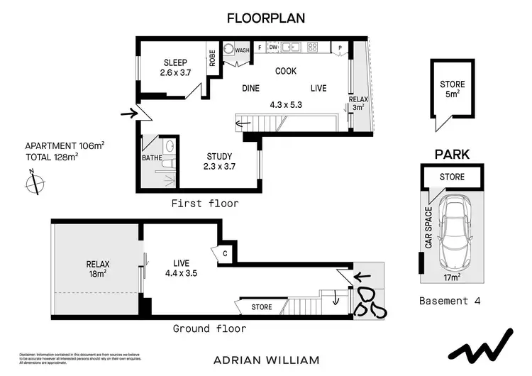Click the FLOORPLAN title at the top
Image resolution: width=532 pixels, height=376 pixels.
[x=265, y=18]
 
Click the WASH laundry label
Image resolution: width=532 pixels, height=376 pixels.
[x=243, y=50]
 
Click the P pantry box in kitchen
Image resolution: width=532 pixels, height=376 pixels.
[x=340, y=48]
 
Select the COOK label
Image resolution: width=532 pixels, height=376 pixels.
[x=287, y=71]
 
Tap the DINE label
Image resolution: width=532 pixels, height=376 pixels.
[x=250, y=88]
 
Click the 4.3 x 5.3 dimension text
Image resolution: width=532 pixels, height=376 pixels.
[x=286, y=104]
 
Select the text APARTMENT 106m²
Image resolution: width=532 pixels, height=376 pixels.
[x=65, y=145]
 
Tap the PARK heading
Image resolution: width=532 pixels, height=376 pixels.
[x=452, y=153]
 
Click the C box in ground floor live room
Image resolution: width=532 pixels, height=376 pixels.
[x=224, y=252]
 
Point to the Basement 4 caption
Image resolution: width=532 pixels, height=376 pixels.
[x=450, y=301]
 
